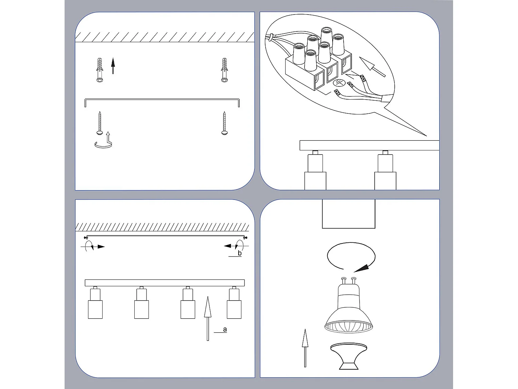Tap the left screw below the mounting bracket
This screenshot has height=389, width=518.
click(x=99, y=123)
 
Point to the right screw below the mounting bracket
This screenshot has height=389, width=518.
click(x=224, y=123)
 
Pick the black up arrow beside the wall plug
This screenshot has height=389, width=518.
click(x=113, y=66)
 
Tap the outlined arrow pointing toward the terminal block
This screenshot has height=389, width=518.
click(x=372, y=67)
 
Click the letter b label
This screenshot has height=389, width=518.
click(x=240, y=253)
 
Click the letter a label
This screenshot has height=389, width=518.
click(x=225, y=329)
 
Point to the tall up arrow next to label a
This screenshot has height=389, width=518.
click(x=207, y=318)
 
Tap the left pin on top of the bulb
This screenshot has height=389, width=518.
click(x=343, y=279)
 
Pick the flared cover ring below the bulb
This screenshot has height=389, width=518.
click(x=348, y=356)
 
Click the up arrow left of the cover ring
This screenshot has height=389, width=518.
click(x=305, y=348)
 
